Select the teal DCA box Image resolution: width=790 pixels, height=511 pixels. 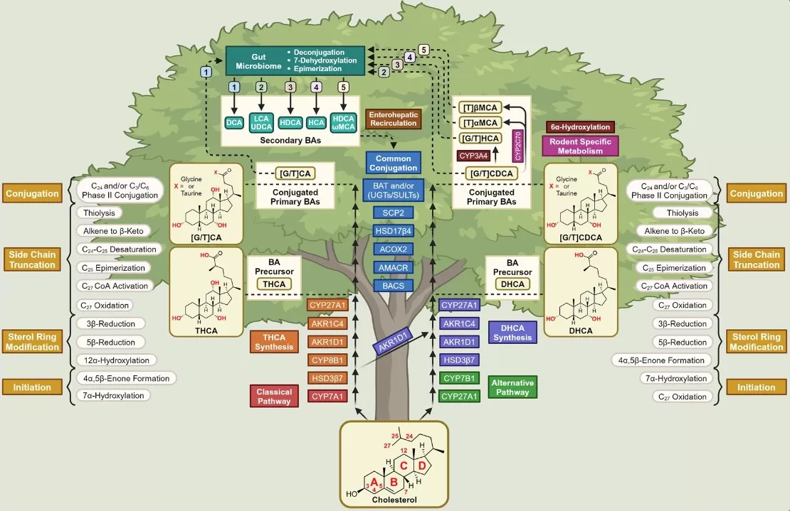coord(234,122)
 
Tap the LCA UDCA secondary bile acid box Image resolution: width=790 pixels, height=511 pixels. coord(261,122)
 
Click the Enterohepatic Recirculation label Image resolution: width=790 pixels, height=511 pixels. coord(392,119)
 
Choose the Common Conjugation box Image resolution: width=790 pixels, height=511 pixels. coord(394,163)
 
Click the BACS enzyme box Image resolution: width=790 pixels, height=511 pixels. coord(394,285)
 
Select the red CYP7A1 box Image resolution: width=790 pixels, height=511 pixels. coord(327,396)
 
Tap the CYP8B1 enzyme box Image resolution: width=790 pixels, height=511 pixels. coord(327,360)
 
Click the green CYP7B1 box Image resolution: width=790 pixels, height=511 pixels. coord(459,378)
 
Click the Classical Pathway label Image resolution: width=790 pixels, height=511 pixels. coord(274,396)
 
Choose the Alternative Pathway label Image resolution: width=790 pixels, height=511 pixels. coord(512,387)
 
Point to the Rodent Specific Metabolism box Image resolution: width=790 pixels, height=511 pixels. coord(581,146)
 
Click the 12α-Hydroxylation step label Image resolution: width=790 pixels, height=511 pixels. coord(115,360)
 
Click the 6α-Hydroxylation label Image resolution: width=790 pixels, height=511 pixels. coord(580,127)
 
